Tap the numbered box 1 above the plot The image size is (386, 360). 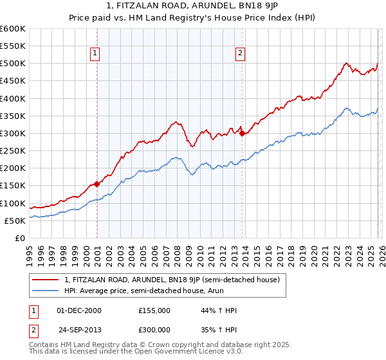click(95, 54)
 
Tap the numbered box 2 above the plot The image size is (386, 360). click(240, 54)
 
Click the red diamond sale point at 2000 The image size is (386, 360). click(96, 184)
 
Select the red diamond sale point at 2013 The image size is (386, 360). click(242, 134)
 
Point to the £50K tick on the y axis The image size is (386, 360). click(15, 221)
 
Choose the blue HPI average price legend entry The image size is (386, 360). click(152, 291)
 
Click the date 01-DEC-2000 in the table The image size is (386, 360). click(79, 310)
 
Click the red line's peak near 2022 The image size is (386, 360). click(345, 63)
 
